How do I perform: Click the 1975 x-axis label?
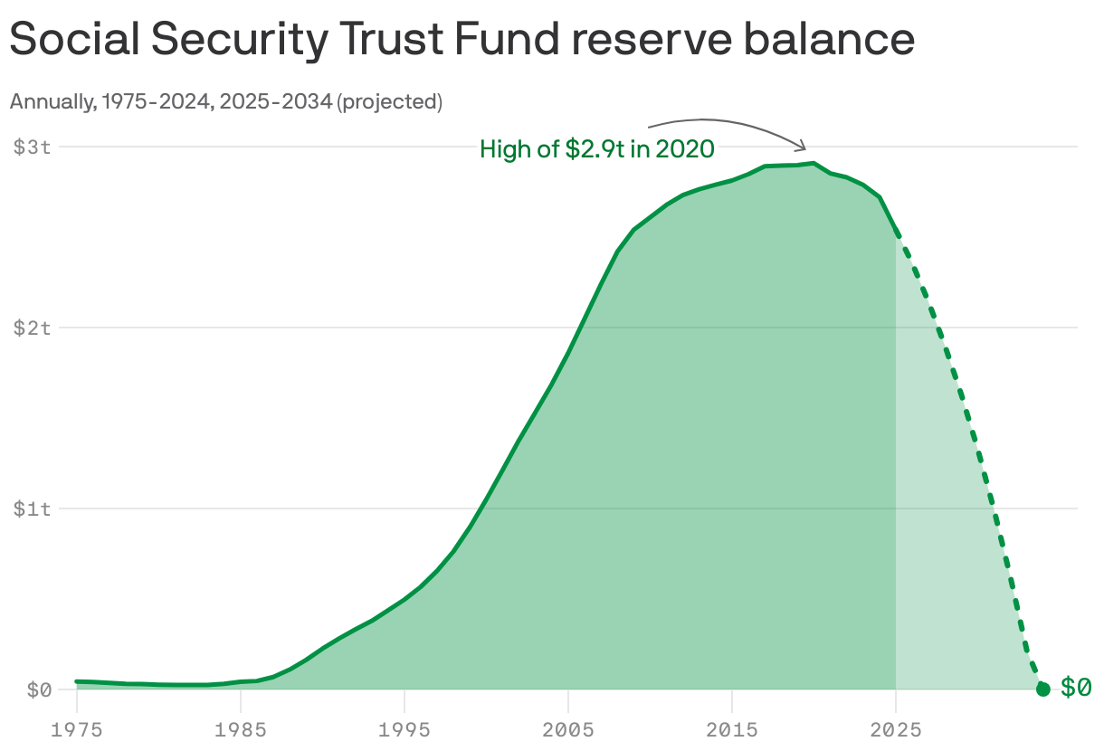click(76, 728)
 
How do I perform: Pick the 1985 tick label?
click(240, 728)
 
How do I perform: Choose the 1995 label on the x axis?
click(404, 728)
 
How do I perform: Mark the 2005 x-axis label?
click(567, 728)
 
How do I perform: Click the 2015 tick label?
click(731, 728)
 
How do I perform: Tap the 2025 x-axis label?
click(895, 728)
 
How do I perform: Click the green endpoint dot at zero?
click(1042, 689)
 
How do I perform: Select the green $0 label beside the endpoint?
click(1075, 688)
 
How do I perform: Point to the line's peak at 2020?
click(814, 164)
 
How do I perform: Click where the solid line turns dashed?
click(895, 233)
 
